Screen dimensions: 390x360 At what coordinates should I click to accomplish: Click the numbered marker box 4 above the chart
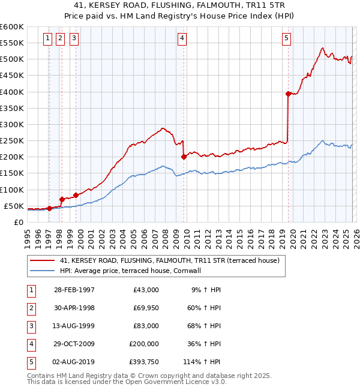coord(182,38)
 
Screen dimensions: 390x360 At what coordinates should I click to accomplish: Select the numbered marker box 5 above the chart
coord(287,38)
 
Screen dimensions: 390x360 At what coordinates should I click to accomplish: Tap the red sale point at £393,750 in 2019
coord(289,94)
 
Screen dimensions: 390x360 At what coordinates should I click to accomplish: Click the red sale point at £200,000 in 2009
coord(184,157)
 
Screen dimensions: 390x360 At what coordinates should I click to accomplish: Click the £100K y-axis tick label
coord(12,190)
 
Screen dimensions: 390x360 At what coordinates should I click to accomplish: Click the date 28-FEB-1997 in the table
coord(74,290)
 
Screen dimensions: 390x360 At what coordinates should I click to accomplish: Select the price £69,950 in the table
coord(143,308)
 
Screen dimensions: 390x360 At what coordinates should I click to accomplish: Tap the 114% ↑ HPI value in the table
coord(202,362)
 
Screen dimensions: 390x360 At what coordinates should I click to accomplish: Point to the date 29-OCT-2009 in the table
coord(74,344)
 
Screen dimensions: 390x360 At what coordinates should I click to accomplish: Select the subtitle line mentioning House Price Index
coord(180,16)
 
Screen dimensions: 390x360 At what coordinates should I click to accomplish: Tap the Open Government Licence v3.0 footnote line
coord(127,381)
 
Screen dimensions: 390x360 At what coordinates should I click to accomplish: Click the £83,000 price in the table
coord(144,326)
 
